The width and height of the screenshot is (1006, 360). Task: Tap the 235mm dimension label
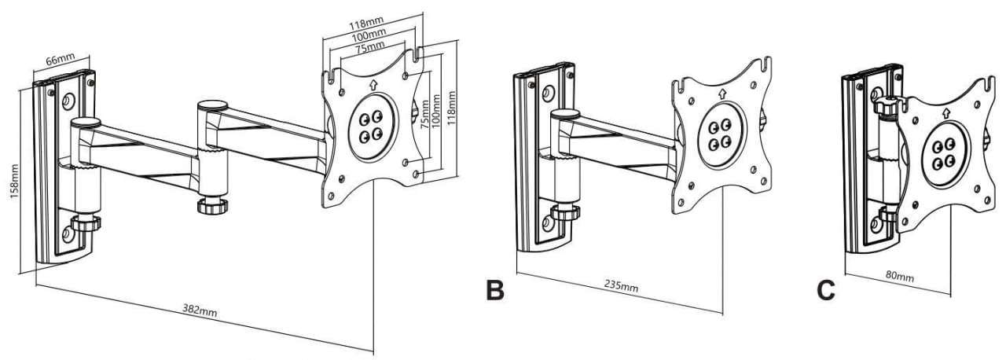pos(622,285)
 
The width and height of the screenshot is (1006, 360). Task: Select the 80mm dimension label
pos(900,277)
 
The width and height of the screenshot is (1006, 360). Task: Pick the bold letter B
pos(494,289)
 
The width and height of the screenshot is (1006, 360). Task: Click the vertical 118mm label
pos(451,101)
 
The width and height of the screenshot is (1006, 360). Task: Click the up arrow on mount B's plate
pos(721,95)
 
